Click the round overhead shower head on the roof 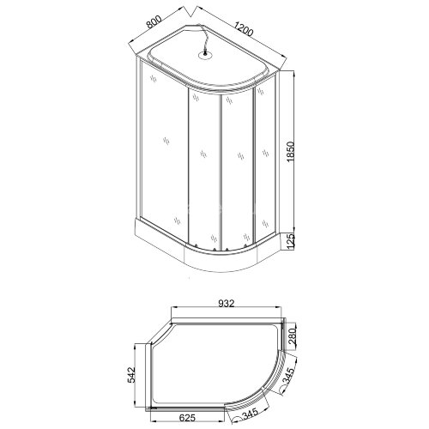coord(207,57)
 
